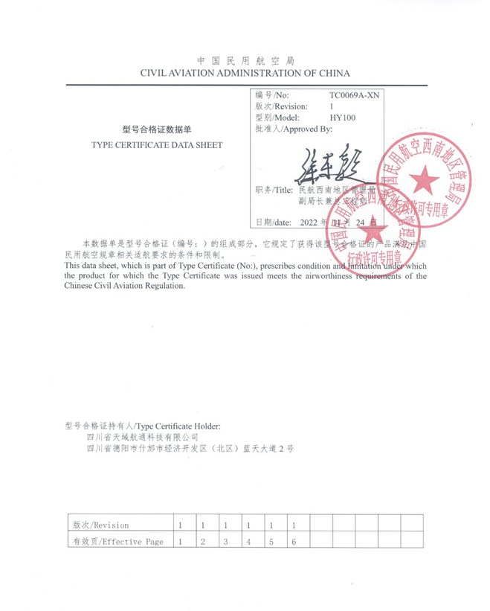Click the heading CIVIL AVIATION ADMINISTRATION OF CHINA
coord(245,73)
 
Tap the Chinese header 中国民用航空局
coord(245,60)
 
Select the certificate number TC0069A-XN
coord(354,96)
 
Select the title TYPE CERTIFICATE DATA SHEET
coord(156,145)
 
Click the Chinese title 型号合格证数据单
coord(156,129)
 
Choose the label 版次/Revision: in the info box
coord(281,107)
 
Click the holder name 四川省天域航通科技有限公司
coord(143,437)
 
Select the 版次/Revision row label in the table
coord(100,525)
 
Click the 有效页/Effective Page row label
coord(117,542)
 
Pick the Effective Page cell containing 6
coord(294,542)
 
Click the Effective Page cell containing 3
coord(225,542)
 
